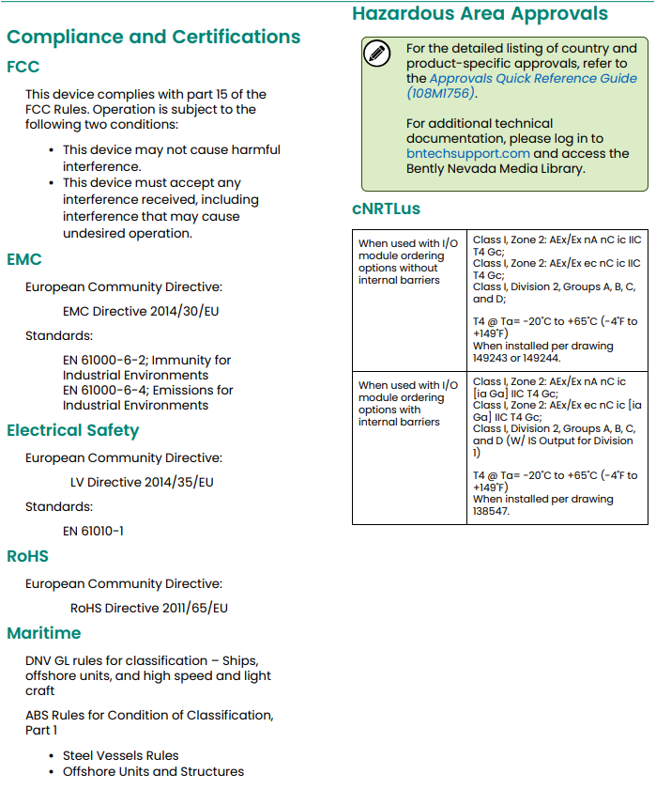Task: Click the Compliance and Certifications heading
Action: [x=153, y=38]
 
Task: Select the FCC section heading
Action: [x=23, y=68]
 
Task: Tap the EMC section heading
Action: [x=24, y=259]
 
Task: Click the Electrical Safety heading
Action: [x=72, y=431]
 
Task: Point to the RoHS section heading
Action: [x=27, y=556]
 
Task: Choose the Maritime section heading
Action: [x=43, y=633]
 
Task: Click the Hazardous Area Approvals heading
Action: [x=480, y=14]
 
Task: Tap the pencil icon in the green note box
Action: [x=376, y=54]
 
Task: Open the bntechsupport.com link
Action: [x=468, y=153]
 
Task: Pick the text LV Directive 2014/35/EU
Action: [x=142, y=483]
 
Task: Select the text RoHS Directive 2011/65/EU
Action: [x=149, y=608]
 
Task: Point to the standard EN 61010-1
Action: [x=93, y=531]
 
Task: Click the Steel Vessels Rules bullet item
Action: [x=120, y=755]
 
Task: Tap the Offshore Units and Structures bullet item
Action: [x=153, y=772]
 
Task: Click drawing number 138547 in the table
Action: [x=492, y=512]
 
